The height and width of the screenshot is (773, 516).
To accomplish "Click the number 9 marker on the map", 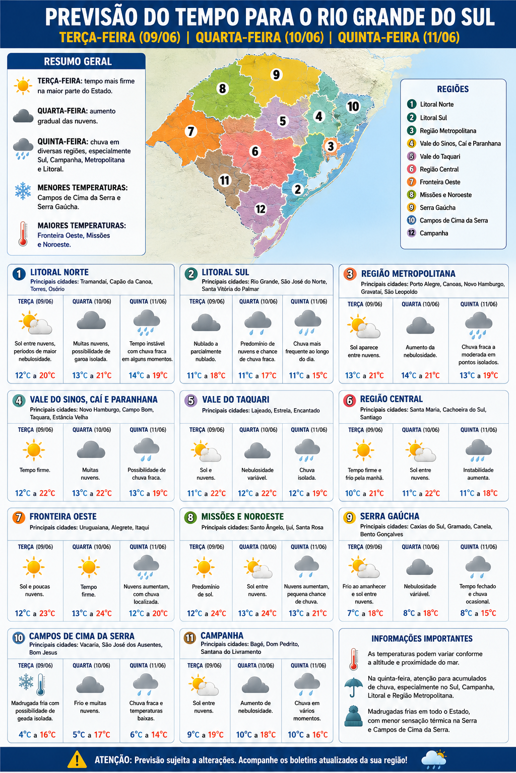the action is coord(276,74).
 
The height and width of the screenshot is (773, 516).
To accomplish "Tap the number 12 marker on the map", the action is coord(260,209).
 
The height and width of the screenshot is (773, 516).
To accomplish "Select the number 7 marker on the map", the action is coord(190,131).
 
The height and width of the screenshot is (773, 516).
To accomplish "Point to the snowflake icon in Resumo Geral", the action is coord(23,191).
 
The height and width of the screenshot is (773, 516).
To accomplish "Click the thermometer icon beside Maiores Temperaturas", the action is coord(23,234).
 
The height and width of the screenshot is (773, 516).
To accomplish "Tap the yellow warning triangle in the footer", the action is coord(77,759).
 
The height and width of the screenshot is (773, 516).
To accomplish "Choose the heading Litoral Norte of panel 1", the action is coord(59,272).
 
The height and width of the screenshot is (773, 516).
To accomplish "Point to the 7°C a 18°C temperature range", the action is coord(365,613).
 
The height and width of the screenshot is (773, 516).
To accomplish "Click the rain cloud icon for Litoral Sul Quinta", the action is coord(307,323).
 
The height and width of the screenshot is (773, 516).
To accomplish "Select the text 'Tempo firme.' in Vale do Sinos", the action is coord(35,470).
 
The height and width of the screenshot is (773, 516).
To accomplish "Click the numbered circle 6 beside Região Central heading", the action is coord(349,400).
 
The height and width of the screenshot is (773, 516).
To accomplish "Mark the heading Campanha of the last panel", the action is coord(222,636).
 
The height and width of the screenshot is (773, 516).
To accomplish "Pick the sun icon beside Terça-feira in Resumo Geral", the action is coord(23,86).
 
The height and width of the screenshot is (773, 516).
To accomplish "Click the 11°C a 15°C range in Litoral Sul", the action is coord(308,375).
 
